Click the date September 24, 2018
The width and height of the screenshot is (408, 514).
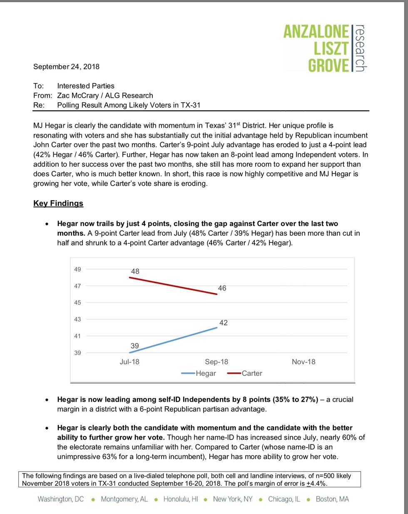click(x=66, y=67)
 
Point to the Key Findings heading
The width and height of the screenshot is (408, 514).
click(x=58, y=203)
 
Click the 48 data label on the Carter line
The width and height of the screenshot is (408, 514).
click(x=135, y=272)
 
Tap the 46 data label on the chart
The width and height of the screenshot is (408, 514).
click(x=222, y=288)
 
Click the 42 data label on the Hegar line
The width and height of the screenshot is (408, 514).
click(x=224, y=323)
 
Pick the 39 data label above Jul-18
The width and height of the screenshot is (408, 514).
click(x=135, y=346)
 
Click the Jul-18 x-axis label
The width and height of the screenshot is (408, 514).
click(x=129, y=362)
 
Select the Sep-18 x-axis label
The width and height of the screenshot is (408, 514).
click(x=216, y=362)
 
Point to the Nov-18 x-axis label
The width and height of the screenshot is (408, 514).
click(x=304, y=362)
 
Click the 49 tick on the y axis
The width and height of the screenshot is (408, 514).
click(x=77, y=269)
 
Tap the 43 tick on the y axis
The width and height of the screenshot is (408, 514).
click(x=77, y=319)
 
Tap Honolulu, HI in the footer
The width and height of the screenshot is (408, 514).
click(x=180, y=499)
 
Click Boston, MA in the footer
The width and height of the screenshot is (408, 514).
click(x=332, y=499)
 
